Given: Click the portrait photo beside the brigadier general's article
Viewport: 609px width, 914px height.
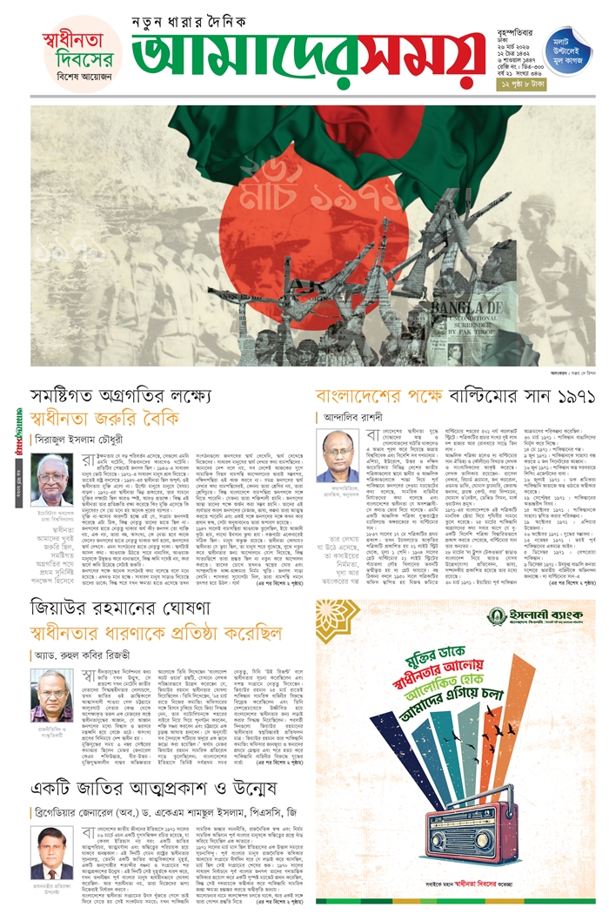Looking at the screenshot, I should click(x=52, y=851).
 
